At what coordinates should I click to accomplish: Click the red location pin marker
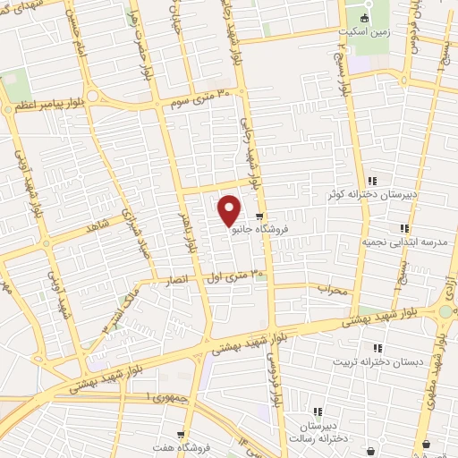pos(230,210)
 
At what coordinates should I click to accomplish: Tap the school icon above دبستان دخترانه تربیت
pos(378,347)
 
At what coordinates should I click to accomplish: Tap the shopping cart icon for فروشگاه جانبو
pos(259,216)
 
